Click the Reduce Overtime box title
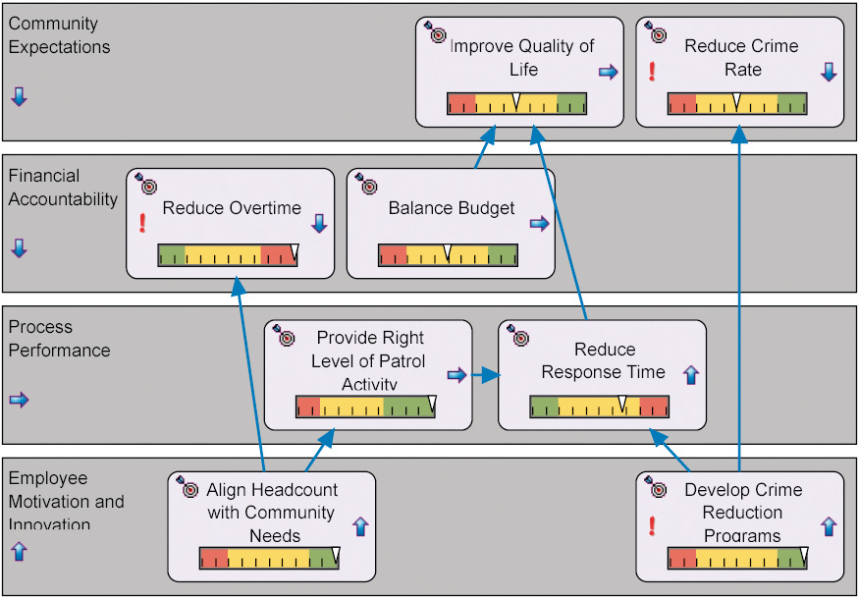tap(232, 208)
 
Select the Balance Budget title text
tap(452, 208)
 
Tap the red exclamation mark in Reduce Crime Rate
tap(652, 71)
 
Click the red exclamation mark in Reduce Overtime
tap(142, 223)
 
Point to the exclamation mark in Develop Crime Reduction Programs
tap(652, 525)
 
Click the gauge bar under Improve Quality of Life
tap(516, 103)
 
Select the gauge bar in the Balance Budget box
tap(448, 255)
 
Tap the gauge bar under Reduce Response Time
tap(599, 406)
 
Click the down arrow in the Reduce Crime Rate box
tap(829, 72)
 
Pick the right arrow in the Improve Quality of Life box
tap(609, 72)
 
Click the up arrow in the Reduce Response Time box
tap(690, 374)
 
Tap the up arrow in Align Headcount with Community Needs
tap(359, 526)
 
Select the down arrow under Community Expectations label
tap(19, 96)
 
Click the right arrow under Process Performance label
tap(19, 400)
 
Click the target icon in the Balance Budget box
tap(366, 184)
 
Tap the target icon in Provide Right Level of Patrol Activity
tap(284, 335)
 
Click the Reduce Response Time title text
tap(604, 360)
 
